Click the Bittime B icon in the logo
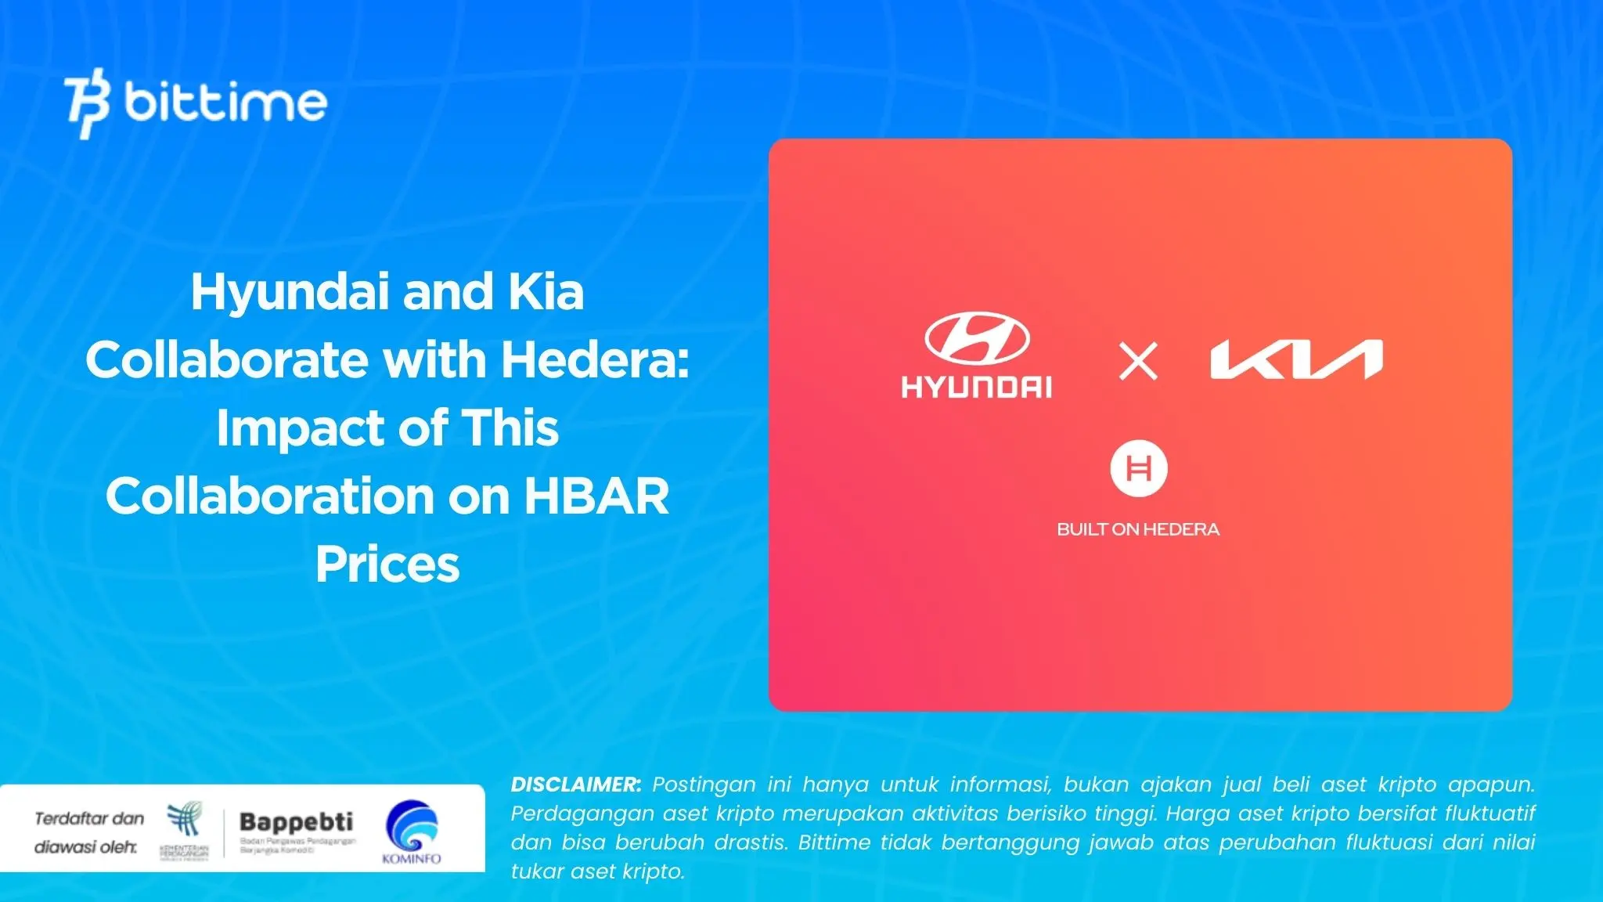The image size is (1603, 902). pyautogui.click(x=88, y=103)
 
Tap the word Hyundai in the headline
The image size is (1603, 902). pyautogui.click(x=289, y=293)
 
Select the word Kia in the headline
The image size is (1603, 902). pyautogui.click(x=546, y=293)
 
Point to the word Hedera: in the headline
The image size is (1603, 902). pyautogui.click(x=595, y=360)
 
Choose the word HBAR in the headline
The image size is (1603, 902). pyautogui.click(x=596, y=496)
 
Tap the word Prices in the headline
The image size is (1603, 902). pyautogui.click(x=387, y=565)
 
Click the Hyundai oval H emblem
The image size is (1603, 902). pyautogui.click(x=976, y=338)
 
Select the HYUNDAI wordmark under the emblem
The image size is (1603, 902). pyautogui.click(x=976, y=387)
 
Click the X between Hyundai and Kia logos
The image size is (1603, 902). pyautogui.click(x=1137, y=362)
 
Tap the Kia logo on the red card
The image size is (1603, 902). pyautogui.click(x=1296, y=360)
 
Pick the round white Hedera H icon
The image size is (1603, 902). pyautogui.click(x=1138, y=469)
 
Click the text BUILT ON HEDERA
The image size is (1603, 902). pyautogui.click(x=1138, y=529)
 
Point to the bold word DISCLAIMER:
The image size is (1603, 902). pyautogui.click(x=575, y=785)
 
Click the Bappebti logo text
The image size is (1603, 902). pyautogui.click(x=296, y=822)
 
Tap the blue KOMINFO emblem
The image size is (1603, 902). pyautogui.click(x=412, y=825)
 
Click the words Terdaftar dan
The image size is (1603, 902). pyautogui.click(x=89, y=819)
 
